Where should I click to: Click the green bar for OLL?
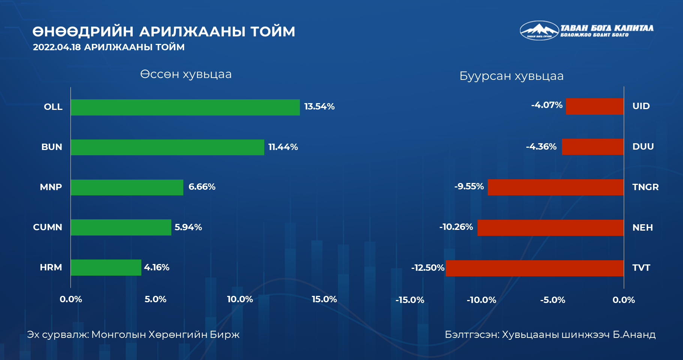click(185, 107)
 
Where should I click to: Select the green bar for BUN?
click(167, 147)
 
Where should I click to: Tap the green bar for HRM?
click(106, 267)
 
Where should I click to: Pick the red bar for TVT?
click(535, 268)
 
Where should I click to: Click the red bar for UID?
click(595, 106)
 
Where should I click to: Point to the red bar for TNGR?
click(556, 187)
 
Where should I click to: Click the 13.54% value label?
click(319, 106)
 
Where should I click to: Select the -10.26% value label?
click(456, 227)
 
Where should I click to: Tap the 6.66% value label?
click(202, 187)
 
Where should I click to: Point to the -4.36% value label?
click(541, 147)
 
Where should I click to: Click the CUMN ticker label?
click(48, 227)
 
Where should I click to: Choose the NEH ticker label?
click(643, 228)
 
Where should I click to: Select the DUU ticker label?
click(643, 147)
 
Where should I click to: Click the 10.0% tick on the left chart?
click(240, 299)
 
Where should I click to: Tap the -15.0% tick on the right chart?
click(410, 300)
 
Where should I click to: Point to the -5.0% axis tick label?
click(553, 300)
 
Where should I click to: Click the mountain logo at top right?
click(539, 30)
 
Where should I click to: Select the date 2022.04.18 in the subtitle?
click(57, 47)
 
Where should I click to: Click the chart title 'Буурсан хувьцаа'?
click(511, 76)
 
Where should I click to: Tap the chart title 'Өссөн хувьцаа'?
click(186, 74)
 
